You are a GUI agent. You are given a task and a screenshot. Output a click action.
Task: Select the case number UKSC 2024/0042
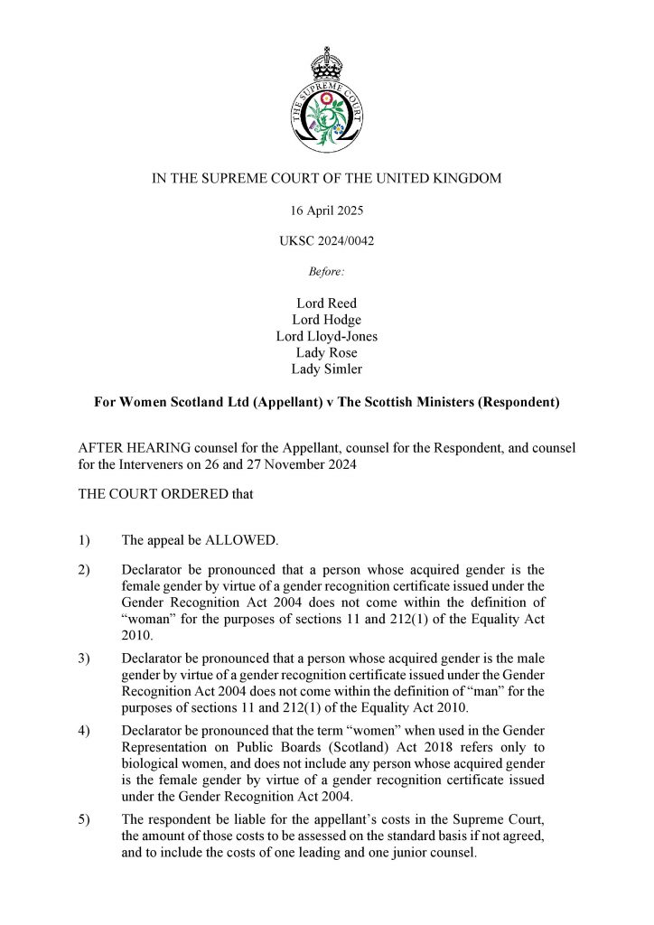(x=326, y=241)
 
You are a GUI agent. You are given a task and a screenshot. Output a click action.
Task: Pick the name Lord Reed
(x=326, y=304)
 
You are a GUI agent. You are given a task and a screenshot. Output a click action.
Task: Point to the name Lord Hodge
(x=326, y=320)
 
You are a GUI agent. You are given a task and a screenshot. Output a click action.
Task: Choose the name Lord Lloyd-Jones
(x=326, y=336)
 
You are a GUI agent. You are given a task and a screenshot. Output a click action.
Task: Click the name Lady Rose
(x=326, y=352)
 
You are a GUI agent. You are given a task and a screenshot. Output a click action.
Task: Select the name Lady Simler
(x=326, y=369)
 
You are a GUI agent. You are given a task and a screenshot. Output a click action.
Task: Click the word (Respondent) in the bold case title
(x=512, y=402)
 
